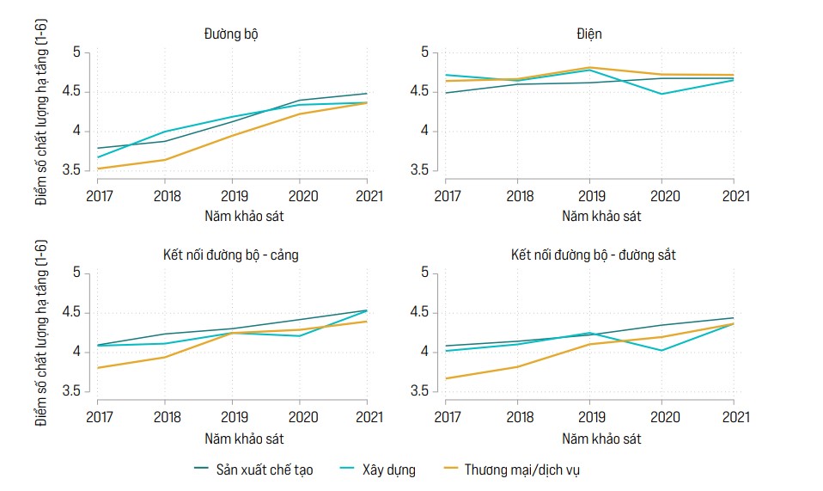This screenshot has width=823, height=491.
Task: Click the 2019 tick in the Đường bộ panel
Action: click(232, 196)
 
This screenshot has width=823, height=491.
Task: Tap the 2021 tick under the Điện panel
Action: click(734, 196)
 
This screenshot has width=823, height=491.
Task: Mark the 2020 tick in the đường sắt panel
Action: click(661, 416)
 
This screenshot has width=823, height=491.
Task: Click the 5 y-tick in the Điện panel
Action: click(424, 52)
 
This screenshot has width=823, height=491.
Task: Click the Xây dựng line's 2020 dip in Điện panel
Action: click(661, 94)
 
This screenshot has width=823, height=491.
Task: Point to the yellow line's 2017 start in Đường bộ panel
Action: click(97, 169)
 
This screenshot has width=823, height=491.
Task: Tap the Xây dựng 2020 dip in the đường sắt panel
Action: click(661, 350)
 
